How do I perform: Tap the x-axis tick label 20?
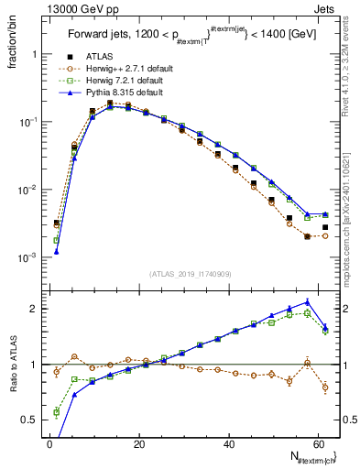tap(139, 443)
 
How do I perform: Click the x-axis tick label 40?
tap(229, 443)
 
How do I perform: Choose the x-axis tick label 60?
tap(318, 443)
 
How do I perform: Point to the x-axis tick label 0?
tap(50, 443)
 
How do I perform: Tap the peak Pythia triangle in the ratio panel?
tap(307, 301)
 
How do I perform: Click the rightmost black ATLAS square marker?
tap(325, 227)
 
